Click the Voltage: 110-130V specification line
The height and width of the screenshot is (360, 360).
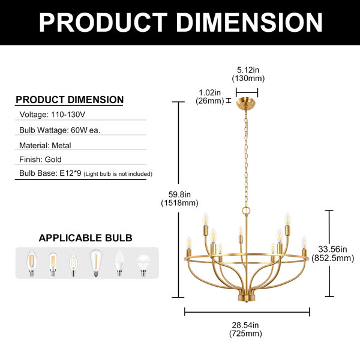pyautogui.click(x=52, y=115)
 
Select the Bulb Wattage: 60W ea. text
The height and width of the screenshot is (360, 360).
pyautogui.click(x=60, y=130)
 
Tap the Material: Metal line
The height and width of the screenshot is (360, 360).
pyautogui.click(x=45, y=145)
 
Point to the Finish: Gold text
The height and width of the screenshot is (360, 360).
pyautogui.click(x=40, y=160)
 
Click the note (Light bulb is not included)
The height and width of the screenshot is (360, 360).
pyautogui.click(x=118, y=174)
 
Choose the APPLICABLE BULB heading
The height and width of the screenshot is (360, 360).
pyautogui.click(x=85, y=238)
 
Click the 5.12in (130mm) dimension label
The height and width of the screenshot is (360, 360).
pyautogui.click(x=248, y=74)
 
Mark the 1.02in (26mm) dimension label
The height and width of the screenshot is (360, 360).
pyautogui.click(x=210, y=97)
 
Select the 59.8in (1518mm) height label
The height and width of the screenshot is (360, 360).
pyautogui.click(x=179, y=199)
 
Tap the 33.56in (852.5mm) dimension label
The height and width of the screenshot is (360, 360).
pyautogui.click(x=332, y=253)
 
